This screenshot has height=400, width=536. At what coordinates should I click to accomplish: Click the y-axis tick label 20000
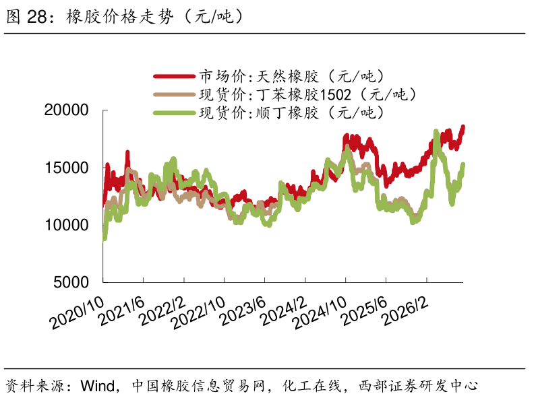66,110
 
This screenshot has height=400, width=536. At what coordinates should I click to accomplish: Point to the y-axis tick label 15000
67,168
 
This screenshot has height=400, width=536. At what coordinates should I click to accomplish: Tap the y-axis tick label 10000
67,225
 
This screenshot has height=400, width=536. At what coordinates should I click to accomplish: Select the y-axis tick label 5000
71,282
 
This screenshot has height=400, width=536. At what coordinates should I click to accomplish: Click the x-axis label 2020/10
77,312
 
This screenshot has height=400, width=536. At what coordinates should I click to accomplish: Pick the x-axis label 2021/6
121,310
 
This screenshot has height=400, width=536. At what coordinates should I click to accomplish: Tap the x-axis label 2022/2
162,310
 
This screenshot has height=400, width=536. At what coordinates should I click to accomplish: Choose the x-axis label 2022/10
198,312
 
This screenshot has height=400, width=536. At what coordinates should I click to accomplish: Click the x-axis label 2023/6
242,310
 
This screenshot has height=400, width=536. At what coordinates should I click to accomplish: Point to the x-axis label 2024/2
283,310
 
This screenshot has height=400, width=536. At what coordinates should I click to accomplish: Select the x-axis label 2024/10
320,312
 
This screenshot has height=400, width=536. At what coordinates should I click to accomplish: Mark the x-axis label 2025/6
364,310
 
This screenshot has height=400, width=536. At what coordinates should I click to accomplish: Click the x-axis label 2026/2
405,310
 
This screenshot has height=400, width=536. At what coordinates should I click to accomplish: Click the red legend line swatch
175,77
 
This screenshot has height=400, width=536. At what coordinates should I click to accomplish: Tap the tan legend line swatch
175,94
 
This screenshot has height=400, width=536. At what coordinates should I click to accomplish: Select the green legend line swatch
175,112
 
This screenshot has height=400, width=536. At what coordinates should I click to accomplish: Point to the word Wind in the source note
97,386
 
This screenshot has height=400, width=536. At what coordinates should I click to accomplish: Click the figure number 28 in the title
36,17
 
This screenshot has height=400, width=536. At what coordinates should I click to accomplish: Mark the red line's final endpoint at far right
463,127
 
